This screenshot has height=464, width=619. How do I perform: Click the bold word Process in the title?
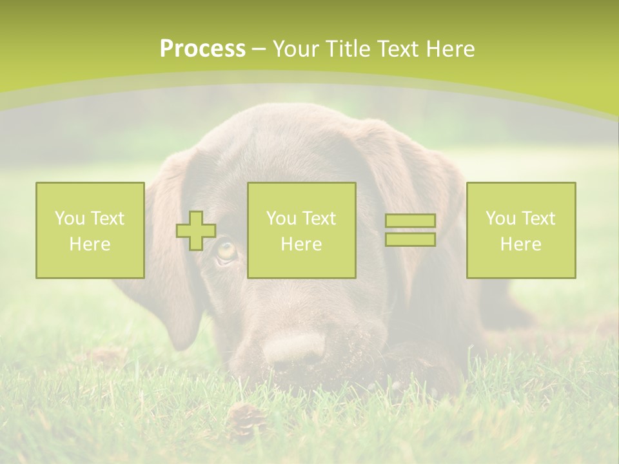[x=202, y=49]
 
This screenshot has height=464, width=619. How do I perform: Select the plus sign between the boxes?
[x=196, y=231]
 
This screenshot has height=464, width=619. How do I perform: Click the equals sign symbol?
[x=410, y=230]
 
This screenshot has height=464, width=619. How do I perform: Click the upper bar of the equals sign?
[x=410, y=221]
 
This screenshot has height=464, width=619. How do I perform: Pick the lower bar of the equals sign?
[x=410, y=240]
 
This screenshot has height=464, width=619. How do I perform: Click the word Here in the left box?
[x=90, y=244]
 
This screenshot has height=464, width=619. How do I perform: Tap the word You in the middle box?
[x=281, y=218]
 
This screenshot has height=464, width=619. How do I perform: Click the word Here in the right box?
[x=520, y=244]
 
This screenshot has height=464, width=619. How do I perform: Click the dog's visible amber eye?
[x=226, y=250]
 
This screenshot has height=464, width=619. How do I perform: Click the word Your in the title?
[x=294, y=49]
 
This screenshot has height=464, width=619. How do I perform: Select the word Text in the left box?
[x=108, y=218]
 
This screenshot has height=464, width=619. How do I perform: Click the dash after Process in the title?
[x=259, y=49]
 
